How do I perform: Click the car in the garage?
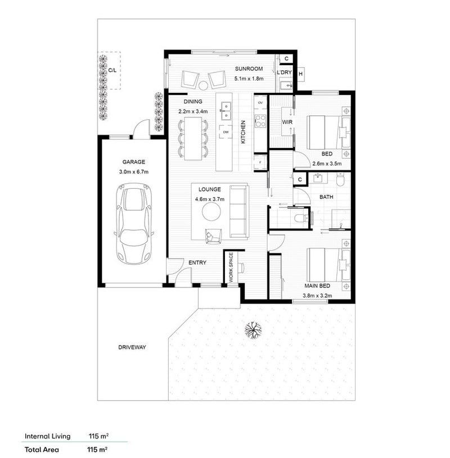tap(134, 224)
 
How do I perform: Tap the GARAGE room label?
tap(134, 162)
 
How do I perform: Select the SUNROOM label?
tap(249, 69)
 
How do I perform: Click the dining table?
tap(193, 138)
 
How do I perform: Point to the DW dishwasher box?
tap(226, 132)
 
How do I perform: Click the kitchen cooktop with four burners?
tap(260, 121)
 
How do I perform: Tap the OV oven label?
tap(260, 102)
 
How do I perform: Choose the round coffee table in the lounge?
tap(211, 211)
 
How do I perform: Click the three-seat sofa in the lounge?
tap(238, 211)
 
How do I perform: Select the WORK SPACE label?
tap(231, 267)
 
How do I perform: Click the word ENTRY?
tap(197, 262)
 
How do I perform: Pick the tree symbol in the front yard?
tap(253, 330)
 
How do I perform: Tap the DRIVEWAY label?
tap(132, 347)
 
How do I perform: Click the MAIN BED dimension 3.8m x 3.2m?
tap(317, 296)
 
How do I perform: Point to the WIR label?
tap(287, 122)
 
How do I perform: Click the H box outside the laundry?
tap(300, 74)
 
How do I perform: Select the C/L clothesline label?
tap(112, 70)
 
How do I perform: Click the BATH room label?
tap(326, 197)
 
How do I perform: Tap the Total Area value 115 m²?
tap(97, 449)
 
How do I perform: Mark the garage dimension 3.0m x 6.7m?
tap(134, 172)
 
